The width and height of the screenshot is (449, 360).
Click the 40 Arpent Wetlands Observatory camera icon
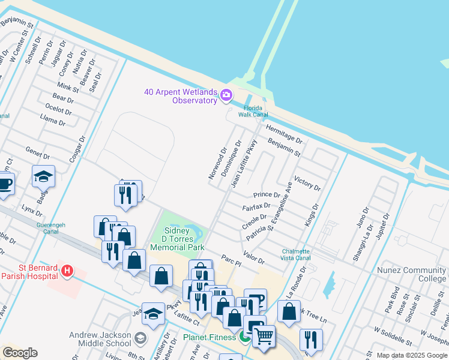226,95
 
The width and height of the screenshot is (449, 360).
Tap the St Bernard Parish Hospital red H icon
67,271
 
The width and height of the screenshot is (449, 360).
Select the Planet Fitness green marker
244,337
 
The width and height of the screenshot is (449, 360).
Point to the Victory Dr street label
307,183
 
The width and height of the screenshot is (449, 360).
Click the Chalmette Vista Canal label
296,254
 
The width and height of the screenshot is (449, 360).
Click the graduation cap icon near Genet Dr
43,176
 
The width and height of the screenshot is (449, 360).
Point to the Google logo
20,353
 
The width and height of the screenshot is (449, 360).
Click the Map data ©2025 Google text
411,355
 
